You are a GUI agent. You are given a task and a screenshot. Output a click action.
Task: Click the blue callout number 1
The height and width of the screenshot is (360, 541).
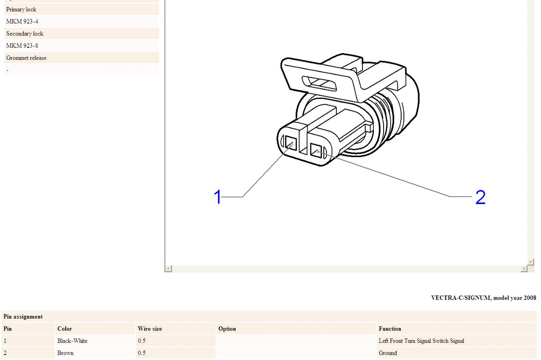218,197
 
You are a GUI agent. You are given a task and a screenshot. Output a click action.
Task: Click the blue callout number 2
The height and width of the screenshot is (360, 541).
480,197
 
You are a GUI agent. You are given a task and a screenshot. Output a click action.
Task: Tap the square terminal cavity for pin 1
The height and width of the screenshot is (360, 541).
291,143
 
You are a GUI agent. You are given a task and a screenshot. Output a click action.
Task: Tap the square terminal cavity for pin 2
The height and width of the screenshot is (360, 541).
316,150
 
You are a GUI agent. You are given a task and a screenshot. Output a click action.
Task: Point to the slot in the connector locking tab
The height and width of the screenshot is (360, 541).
319,84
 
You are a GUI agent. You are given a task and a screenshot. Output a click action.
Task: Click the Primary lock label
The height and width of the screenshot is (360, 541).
21,9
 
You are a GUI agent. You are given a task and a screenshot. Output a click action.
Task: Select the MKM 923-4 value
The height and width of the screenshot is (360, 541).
22,22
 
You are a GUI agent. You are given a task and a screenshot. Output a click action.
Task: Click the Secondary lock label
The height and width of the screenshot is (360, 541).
25,34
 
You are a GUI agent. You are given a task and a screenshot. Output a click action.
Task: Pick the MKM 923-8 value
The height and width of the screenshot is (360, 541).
22,45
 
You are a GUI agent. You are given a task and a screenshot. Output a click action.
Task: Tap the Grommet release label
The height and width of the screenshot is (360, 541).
27,58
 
